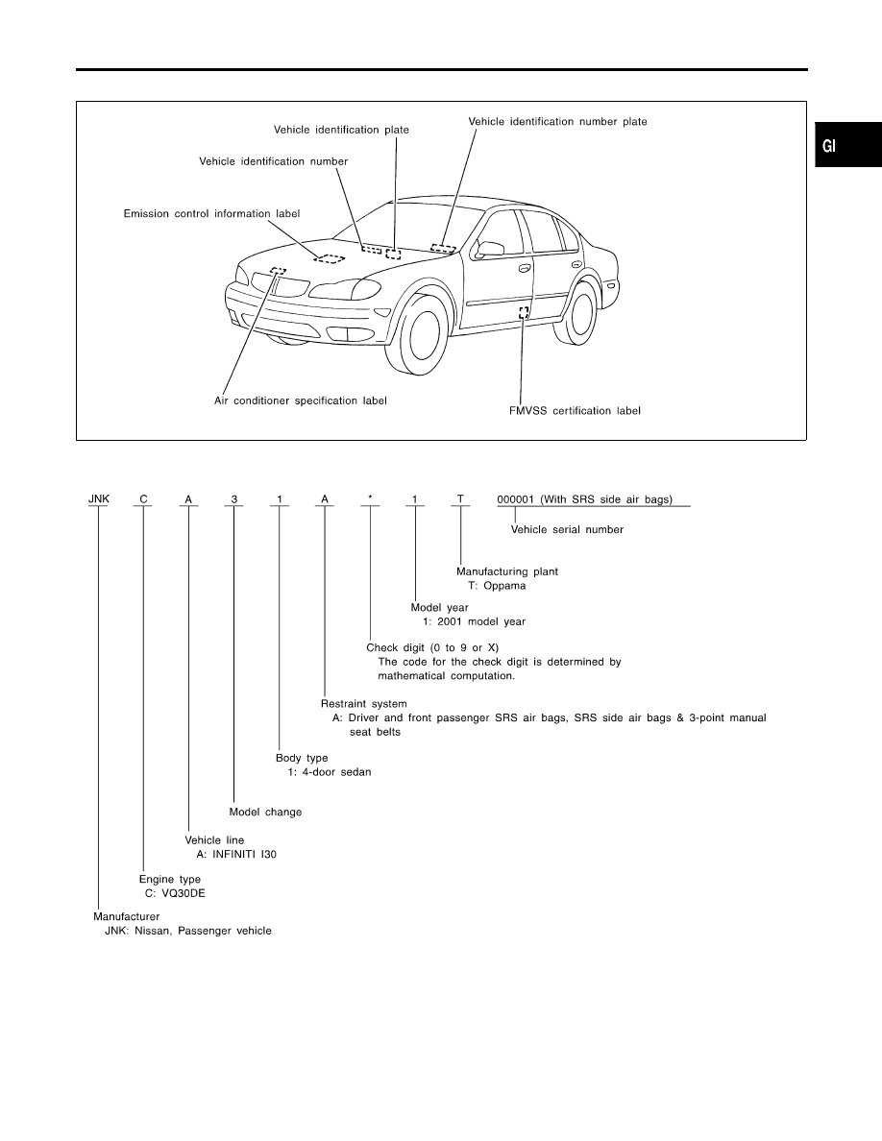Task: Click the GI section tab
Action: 847,146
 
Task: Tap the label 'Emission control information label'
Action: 211,214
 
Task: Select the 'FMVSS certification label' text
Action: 575,411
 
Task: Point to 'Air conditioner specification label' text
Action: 301,401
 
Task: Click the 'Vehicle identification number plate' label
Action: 557,122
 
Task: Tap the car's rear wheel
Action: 578,313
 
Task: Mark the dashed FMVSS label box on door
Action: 524,313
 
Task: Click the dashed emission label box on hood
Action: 330,257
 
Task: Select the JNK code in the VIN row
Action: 99,498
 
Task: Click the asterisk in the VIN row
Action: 370,498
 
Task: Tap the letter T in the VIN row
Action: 460,499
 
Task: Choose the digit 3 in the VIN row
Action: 234,499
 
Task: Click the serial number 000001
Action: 515,500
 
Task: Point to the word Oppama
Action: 504,586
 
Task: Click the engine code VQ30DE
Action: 184,893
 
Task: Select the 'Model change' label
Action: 265,813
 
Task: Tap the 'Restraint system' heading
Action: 364,704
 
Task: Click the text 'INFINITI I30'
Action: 244,854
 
